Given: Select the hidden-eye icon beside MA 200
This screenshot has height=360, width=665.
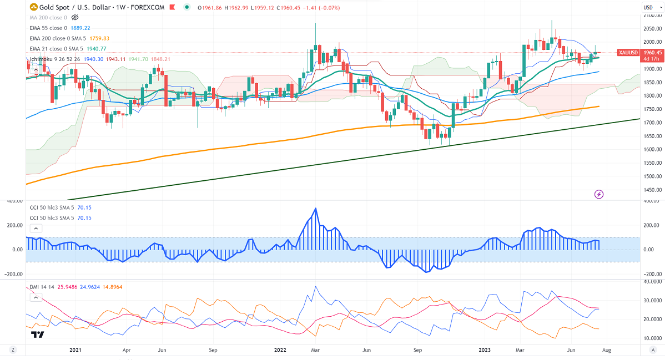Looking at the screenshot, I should pos(75,18).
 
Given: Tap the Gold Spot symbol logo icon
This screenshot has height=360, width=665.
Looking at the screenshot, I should pos(34,8).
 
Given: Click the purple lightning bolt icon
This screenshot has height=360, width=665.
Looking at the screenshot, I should pos(599,194).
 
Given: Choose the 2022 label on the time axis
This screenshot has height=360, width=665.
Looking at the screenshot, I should pos(279,350).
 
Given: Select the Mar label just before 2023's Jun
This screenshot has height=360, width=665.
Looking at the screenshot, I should pos(520,350).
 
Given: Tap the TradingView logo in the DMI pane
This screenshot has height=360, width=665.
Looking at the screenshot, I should pos(38,334).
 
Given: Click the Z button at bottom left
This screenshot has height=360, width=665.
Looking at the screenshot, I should pos(12,350).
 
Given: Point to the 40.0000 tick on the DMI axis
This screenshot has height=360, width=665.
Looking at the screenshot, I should pos(651,281).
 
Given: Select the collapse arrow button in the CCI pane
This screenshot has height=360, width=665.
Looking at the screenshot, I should pos(36,228).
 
